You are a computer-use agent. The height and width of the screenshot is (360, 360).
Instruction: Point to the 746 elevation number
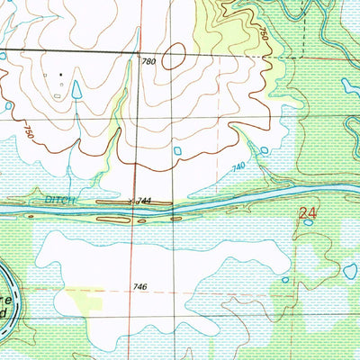coord(139,287)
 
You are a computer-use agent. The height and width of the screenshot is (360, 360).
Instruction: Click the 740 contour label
coord(238,167)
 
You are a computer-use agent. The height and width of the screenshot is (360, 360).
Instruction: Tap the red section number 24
coord(308,214)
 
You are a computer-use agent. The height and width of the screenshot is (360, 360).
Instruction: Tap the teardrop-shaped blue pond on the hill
coord(76,88)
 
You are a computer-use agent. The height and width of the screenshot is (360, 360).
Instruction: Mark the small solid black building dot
coord(61,73)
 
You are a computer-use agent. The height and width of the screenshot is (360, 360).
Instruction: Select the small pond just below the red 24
coord(307,247)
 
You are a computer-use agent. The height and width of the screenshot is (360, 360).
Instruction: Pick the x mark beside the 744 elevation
coord(133,202)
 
